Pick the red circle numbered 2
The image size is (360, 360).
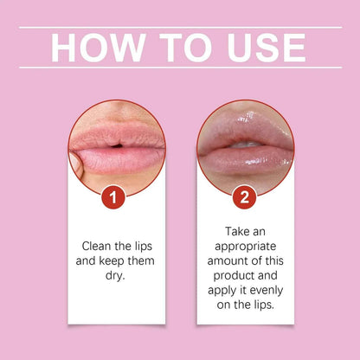coord(245,198)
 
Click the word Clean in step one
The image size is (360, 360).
coord(100,245)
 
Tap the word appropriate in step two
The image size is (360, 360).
coord(245,245)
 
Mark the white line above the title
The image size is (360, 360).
coord(180,27)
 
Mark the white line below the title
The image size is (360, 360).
coord(180,68)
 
